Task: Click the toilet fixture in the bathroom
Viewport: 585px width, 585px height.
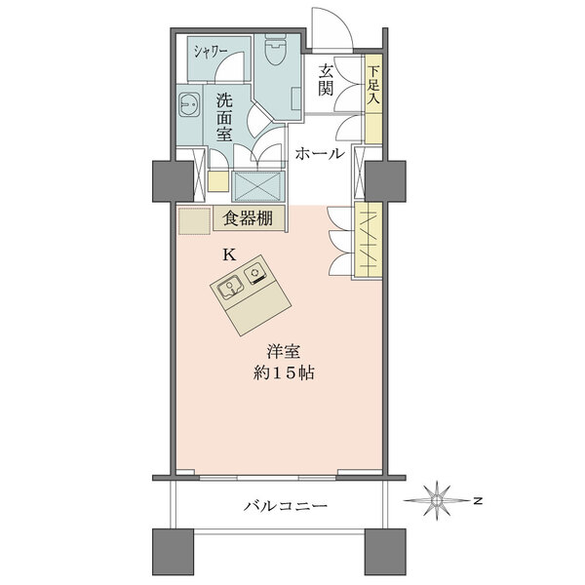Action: [276, 50]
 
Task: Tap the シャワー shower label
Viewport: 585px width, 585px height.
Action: [210, 52]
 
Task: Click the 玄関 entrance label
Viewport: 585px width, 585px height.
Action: [326, 80]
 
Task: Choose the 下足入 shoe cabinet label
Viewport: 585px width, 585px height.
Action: [373, 85]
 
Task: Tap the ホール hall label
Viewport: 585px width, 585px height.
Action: [320, 153]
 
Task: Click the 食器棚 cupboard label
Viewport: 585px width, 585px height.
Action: [248, 218]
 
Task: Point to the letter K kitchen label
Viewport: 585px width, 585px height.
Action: [229, 255]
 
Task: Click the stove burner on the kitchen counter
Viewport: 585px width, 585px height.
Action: [255, 274]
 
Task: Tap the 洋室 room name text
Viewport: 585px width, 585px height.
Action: [284, 351]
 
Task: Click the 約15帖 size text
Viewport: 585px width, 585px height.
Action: [284, 372]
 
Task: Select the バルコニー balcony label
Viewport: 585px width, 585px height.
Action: [286, 505]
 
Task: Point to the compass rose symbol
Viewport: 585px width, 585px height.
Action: [437, 501]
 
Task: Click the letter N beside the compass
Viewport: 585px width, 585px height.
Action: [478, 501]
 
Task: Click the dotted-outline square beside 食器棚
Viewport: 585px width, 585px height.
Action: [195, 220]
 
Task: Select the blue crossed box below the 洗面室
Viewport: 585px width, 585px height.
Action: [258, 186]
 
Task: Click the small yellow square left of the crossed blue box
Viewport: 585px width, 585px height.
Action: [217, 181]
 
